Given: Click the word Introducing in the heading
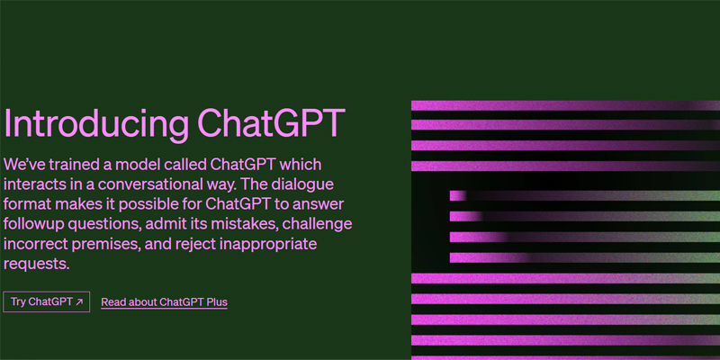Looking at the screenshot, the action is [x=95, y=124].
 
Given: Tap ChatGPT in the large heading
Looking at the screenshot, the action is [x=271, y=123].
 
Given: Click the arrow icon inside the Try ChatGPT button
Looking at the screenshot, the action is [x=79, y=301].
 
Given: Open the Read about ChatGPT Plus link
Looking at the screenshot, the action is [x=164, y=302].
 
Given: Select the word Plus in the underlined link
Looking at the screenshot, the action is [x=217, y=302].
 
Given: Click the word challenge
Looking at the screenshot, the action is [x=318, y=224].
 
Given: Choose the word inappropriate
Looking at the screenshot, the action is [x=267, y=245].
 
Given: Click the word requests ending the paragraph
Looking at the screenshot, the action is [x=36, y=265].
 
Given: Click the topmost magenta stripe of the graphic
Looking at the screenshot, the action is [x=565, y=105].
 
